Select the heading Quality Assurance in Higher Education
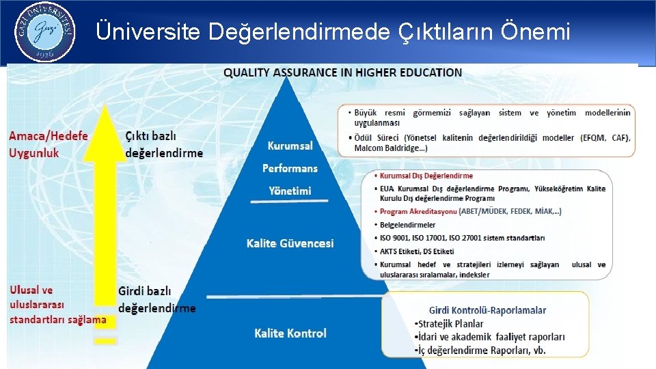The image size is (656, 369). click(x=342, y=72)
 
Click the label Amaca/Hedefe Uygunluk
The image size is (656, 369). click(x=49, y=144)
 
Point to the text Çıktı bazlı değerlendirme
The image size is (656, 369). click(x=164, y=144)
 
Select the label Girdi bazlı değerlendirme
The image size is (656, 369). click(x=156, y=299)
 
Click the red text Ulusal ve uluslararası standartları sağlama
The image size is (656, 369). click(x=57, y=305)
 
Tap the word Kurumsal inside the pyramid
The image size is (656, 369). click(x=290, y=146)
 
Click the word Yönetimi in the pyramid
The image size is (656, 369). click(x=290, y=191)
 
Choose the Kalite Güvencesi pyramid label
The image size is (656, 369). click(x=290, y=243)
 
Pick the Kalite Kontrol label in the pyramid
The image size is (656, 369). click(x=290, y=333)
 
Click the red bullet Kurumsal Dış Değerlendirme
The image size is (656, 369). click(x=426, y=176)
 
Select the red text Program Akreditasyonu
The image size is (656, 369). click(x=418, y=212)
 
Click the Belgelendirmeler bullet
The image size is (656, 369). click(x=408, y=225)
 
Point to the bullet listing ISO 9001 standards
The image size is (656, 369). click(x=462, y=238)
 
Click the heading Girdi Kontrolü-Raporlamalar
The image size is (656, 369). click(x=487, y=310)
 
